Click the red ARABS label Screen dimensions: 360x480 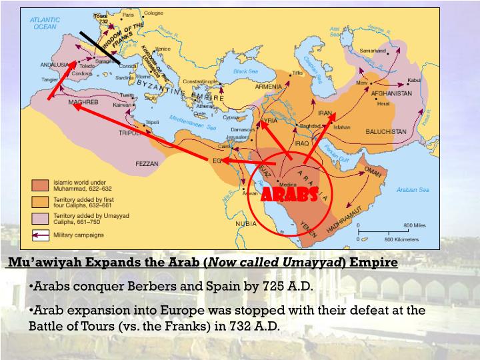pyautogui.click(x=288, y=194)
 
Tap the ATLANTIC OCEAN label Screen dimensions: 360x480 pyautogui.click(x=44, y=23)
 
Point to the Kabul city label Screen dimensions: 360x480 pyautogui.click(x=415, y=80)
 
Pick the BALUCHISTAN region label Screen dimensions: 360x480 pyautogui.click(x=385, y=131)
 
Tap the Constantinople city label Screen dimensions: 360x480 pyautogui.click(x=201, y=81)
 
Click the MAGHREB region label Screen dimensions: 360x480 pyautogui.click(x=83, y=102)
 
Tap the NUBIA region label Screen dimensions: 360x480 pyautogui.click(x=246, y=223)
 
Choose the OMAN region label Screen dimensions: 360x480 pyautogui.click(x=373, y=171)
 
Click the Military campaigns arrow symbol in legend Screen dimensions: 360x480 pyautogui.click(x=41, y=235)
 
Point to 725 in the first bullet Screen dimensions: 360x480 pyautogui.click(x=263, y=287)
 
